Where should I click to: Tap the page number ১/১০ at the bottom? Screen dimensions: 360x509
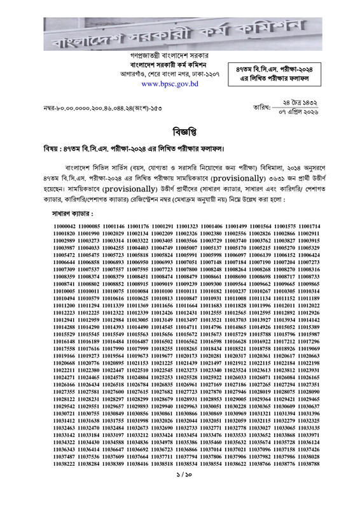pyautogui.click(x=179, y=492)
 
